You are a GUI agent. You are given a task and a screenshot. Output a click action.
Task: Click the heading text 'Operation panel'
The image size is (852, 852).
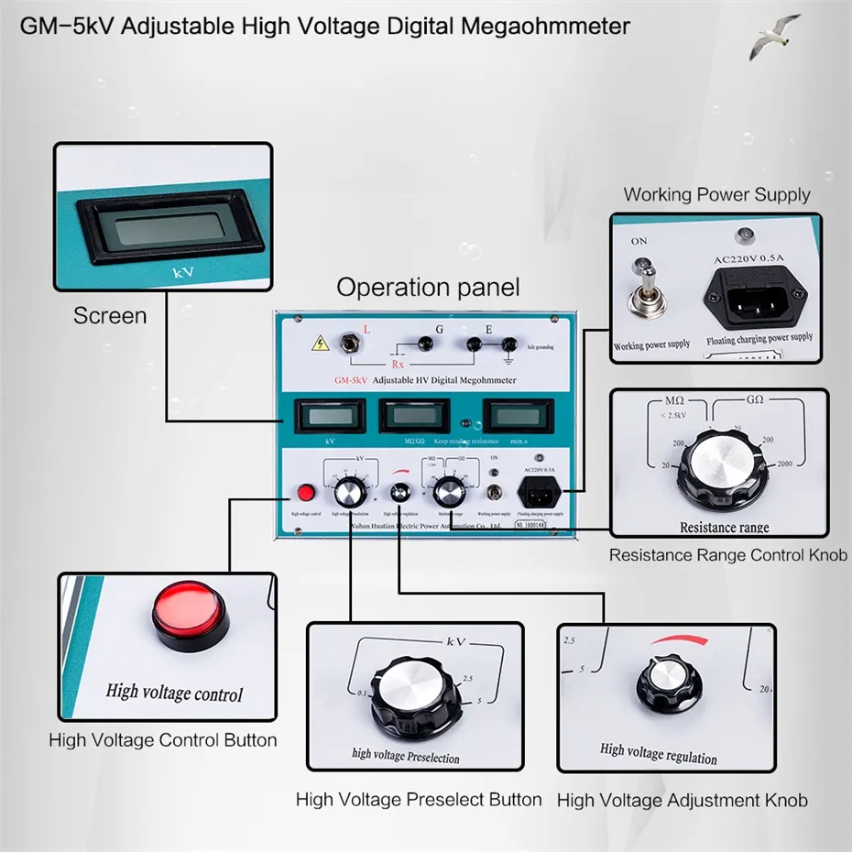click(428, 287)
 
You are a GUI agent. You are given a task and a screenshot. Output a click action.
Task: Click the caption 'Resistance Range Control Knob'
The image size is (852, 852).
click(729, 554)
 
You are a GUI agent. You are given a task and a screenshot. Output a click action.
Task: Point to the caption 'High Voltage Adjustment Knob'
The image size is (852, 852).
click(683, 800)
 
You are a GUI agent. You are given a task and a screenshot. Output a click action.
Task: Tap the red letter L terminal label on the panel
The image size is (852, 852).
click(367, 328)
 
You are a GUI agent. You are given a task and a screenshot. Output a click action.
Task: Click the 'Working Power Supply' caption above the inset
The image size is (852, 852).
click(716, 194)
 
